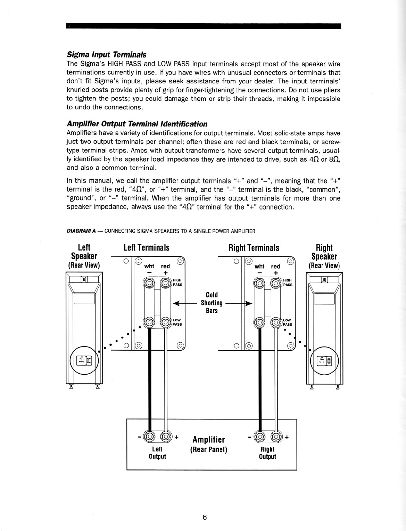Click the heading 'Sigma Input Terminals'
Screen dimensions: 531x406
tap(106, 55)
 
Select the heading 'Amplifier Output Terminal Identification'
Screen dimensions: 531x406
tap(137, 124)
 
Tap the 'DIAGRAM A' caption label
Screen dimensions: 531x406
tap(77, 231)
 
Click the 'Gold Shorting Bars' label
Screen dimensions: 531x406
tap(212, 303)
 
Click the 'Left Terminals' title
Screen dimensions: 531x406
tap(146, 248)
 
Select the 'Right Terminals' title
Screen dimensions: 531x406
tap(254, 248)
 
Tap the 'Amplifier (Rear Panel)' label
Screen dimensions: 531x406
tap(208, 444)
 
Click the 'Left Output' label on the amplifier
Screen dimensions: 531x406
tap(157, 452)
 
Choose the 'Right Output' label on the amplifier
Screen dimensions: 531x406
tap(267, 452)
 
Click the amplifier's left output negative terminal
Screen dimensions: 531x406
tap(149, 436)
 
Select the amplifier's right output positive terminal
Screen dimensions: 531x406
tap(276, 436)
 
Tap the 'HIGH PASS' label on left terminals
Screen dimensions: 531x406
tap(177, 282)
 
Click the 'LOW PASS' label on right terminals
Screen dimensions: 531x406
tap(287, 322)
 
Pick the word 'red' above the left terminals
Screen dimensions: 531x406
tap(165, 267)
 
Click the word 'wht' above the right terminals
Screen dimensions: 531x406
tap(259, 267)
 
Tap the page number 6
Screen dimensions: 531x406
tap(205, 517)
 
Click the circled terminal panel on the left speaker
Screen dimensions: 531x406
tap(84, 360)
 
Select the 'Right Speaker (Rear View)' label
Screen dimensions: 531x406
tap(324, 256)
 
